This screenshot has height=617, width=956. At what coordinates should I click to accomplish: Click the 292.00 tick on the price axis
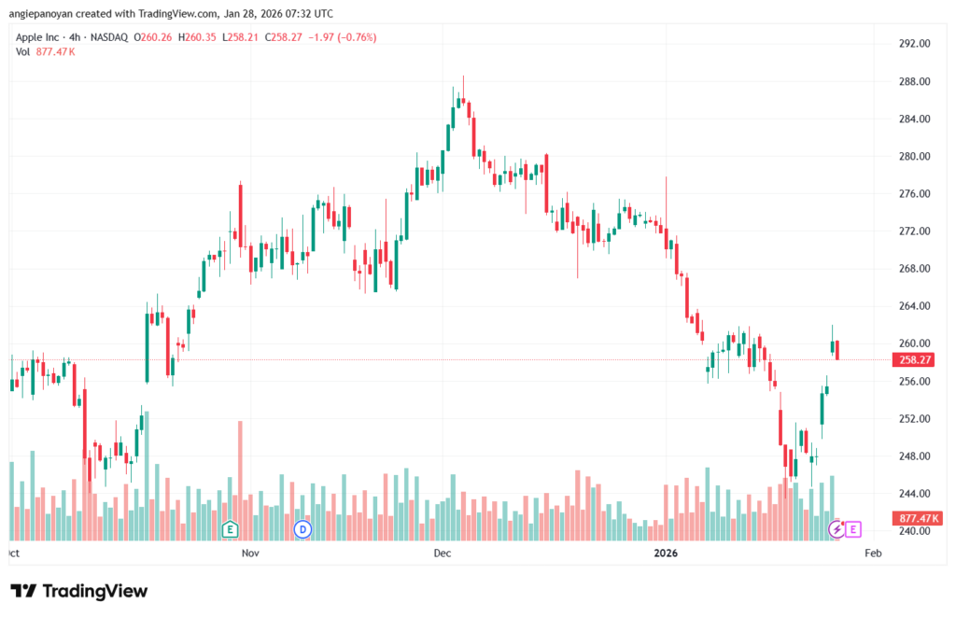point(915,44)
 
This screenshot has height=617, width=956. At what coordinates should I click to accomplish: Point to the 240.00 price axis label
point(915,531)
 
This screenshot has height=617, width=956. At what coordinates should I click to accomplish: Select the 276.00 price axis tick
point(915,194)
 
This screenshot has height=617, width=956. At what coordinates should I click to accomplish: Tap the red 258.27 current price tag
point(916,359)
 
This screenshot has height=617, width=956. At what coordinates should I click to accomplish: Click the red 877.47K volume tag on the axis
point(920,518)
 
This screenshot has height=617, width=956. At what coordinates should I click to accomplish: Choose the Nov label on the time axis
point(249,554)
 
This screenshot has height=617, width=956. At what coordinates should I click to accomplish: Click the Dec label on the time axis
point(443,554)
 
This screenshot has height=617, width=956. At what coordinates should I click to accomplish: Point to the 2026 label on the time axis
point(666,554)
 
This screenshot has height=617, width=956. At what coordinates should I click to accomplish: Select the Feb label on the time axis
point(873,554)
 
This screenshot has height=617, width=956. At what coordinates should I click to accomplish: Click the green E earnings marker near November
point(229,529)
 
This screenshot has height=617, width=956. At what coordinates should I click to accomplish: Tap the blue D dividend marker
point(302,529)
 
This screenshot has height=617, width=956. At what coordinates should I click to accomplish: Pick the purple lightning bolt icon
point(837,529)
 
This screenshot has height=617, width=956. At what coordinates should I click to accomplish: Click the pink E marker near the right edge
point(854,529)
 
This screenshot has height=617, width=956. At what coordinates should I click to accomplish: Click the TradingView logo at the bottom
point(78,591)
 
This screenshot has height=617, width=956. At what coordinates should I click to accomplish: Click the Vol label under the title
point(23,51)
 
